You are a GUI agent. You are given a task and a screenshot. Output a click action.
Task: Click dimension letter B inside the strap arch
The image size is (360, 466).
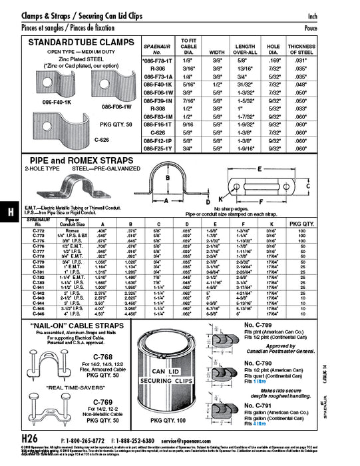pyautogui.click(x=168, y=178)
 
